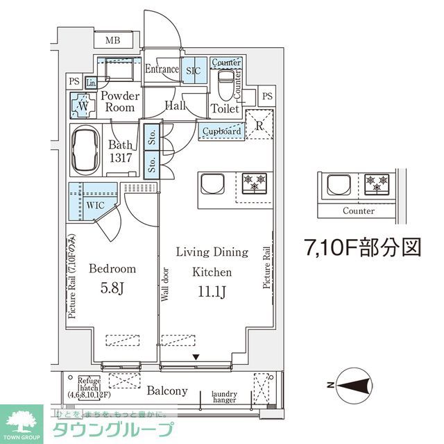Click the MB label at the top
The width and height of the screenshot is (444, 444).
tap(112, 40)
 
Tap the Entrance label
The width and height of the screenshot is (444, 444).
tap(162, 69)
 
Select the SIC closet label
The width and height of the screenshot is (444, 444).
tap(192, 70)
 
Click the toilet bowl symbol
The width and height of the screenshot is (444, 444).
tap(225, 88)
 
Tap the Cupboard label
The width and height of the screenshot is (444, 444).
tap(222, 131)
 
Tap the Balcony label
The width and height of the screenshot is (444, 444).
tap(166, 391)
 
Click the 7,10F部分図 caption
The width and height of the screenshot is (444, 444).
tap(363, 247)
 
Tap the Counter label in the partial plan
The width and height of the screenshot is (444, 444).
tap(359, 211)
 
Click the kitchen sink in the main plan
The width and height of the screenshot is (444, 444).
tap(212, 185)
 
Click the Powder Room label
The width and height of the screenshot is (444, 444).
tap(119, 102)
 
